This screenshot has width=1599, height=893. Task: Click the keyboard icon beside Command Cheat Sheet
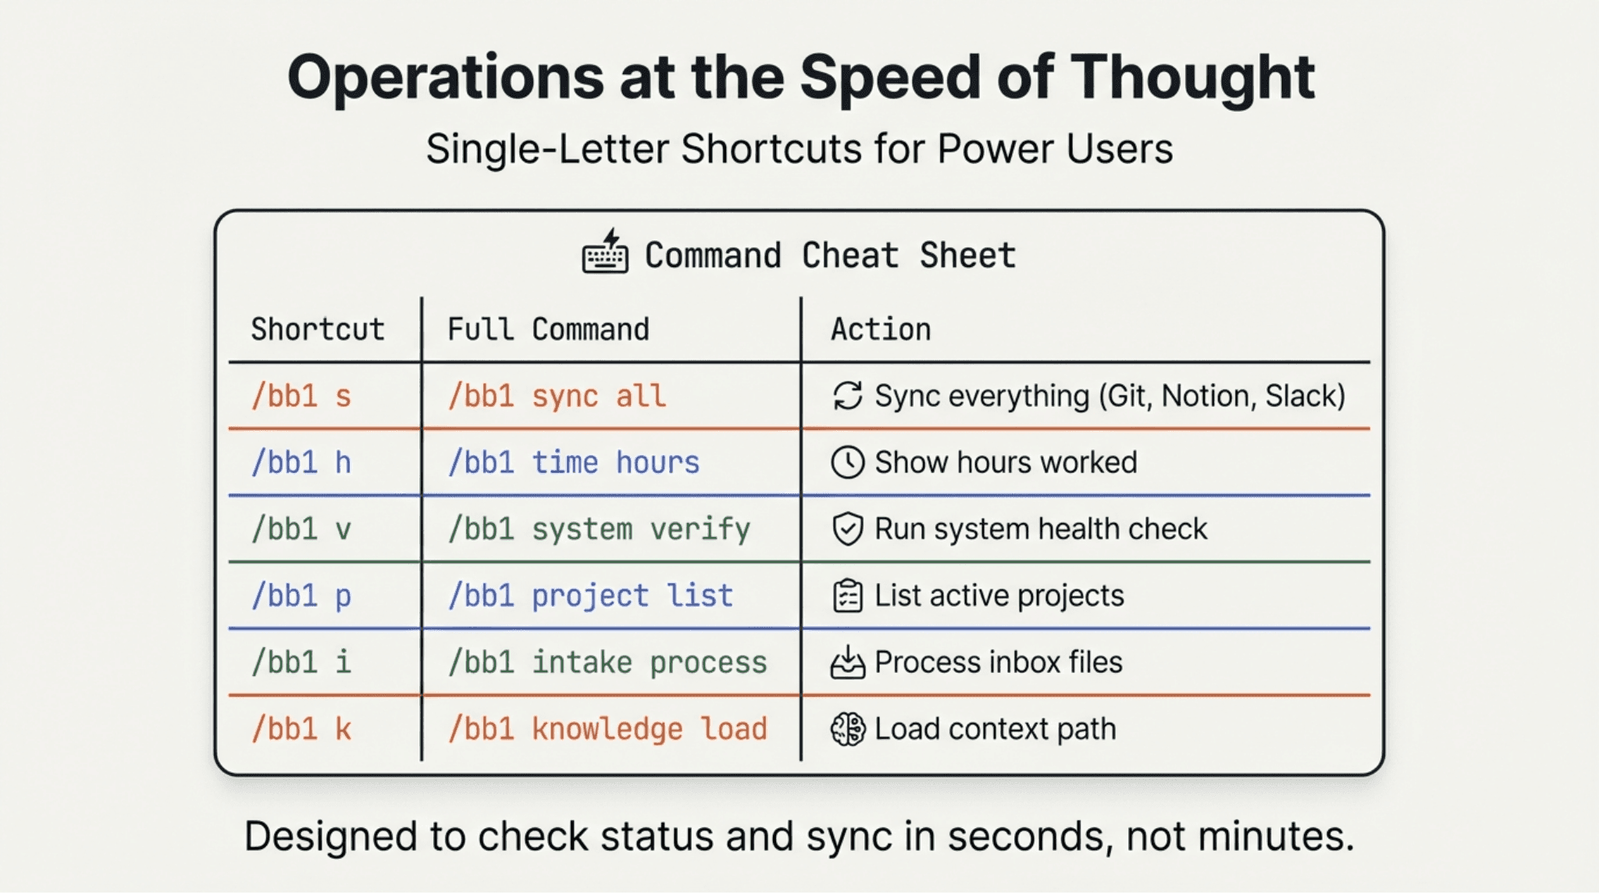tap(605, 251)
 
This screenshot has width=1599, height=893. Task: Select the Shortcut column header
tap(318, 329)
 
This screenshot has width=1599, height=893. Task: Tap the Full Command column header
tap(548, 329)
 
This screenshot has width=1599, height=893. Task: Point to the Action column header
tap(881, 329)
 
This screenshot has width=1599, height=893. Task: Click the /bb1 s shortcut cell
tap(301, 397)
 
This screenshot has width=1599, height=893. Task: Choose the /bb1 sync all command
tap(557, 397)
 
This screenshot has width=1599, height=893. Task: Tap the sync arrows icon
tap(848, 396)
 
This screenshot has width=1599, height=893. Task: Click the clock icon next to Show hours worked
tap(848, 462)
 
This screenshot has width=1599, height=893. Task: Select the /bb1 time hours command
tap(574, 463)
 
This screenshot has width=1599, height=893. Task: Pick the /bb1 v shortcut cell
tap(301, 529)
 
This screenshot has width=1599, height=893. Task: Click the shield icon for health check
tap(848, 529)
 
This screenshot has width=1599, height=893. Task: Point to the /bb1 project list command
tap(590, 596)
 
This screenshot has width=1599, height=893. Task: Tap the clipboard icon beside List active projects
tap(848, 596)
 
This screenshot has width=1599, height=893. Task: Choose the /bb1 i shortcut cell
tap(301, 663)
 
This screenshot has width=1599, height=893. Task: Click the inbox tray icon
tap(848, 663)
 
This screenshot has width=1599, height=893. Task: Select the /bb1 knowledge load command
tap(607, 729)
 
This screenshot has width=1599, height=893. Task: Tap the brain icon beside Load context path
tap(848, 729)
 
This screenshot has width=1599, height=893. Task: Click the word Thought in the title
tap(1192, 78)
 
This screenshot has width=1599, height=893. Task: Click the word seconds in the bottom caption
tap(1030, 836)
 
